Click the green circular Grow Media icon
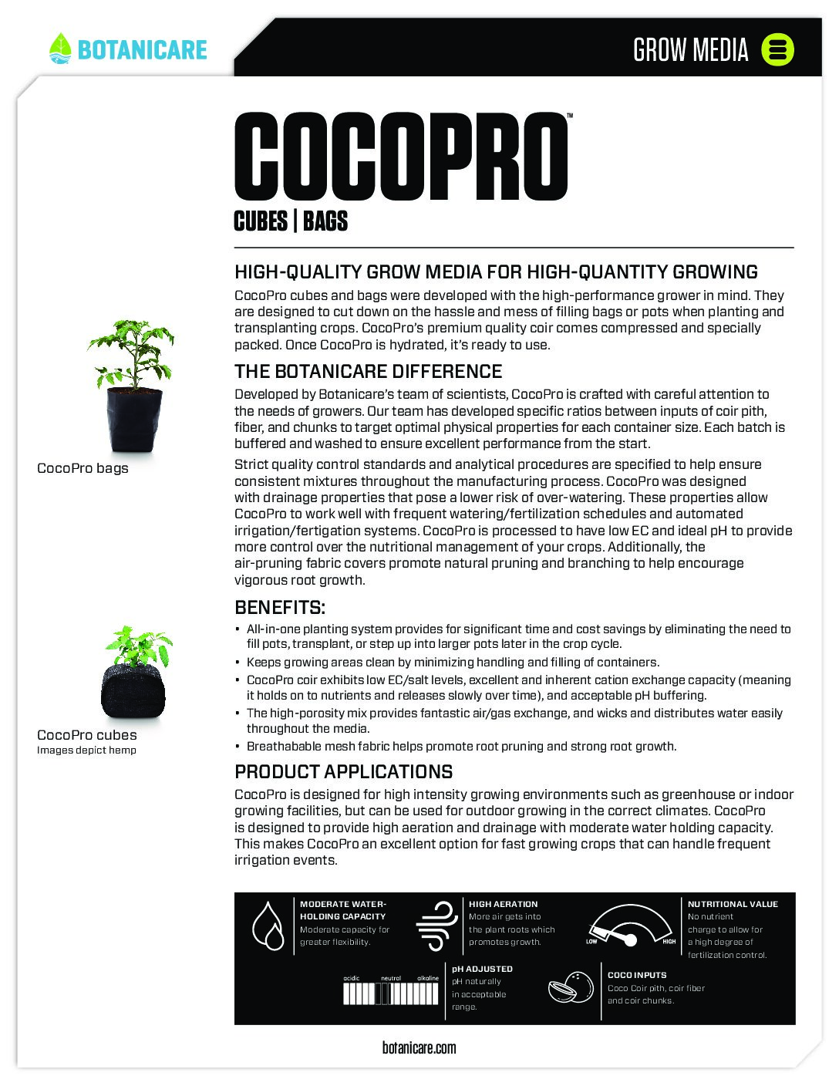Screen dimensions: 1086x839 [x=777, y=49]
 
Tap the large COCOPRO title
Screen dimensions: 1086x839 [x=401, y=157]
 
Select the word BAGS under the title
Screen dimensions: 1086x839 [x=325, y=221]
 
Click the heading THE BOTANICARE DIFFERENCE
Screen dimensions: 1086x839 [x=368, y=371]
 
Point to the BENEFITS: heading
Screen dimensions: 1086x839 [x=279, y=607]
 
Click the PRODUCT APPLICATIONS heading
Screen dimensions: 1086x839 [x=343, y=771]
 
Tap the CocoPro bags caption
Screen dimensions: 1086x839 [x=83, y=468]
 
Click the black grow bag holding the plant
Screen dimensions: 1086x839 [x=134, y=420]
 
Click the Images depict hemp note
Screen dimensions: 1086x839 [x=86, y=750]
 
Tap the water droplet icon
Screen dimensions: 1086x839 [x=268, y=925]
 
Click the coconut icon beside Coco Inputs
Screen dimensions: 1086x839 [x=571, y=987]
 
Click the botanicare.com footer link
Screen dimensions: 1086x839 [x=419, y=1047]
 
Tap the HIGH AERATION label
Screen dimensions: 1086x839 [x=503, y=904]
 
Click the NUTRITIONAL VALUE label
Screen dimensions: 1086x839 [x=733, y=904]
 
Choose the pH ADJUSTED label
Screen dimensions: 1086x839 [x=482, y=969]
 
